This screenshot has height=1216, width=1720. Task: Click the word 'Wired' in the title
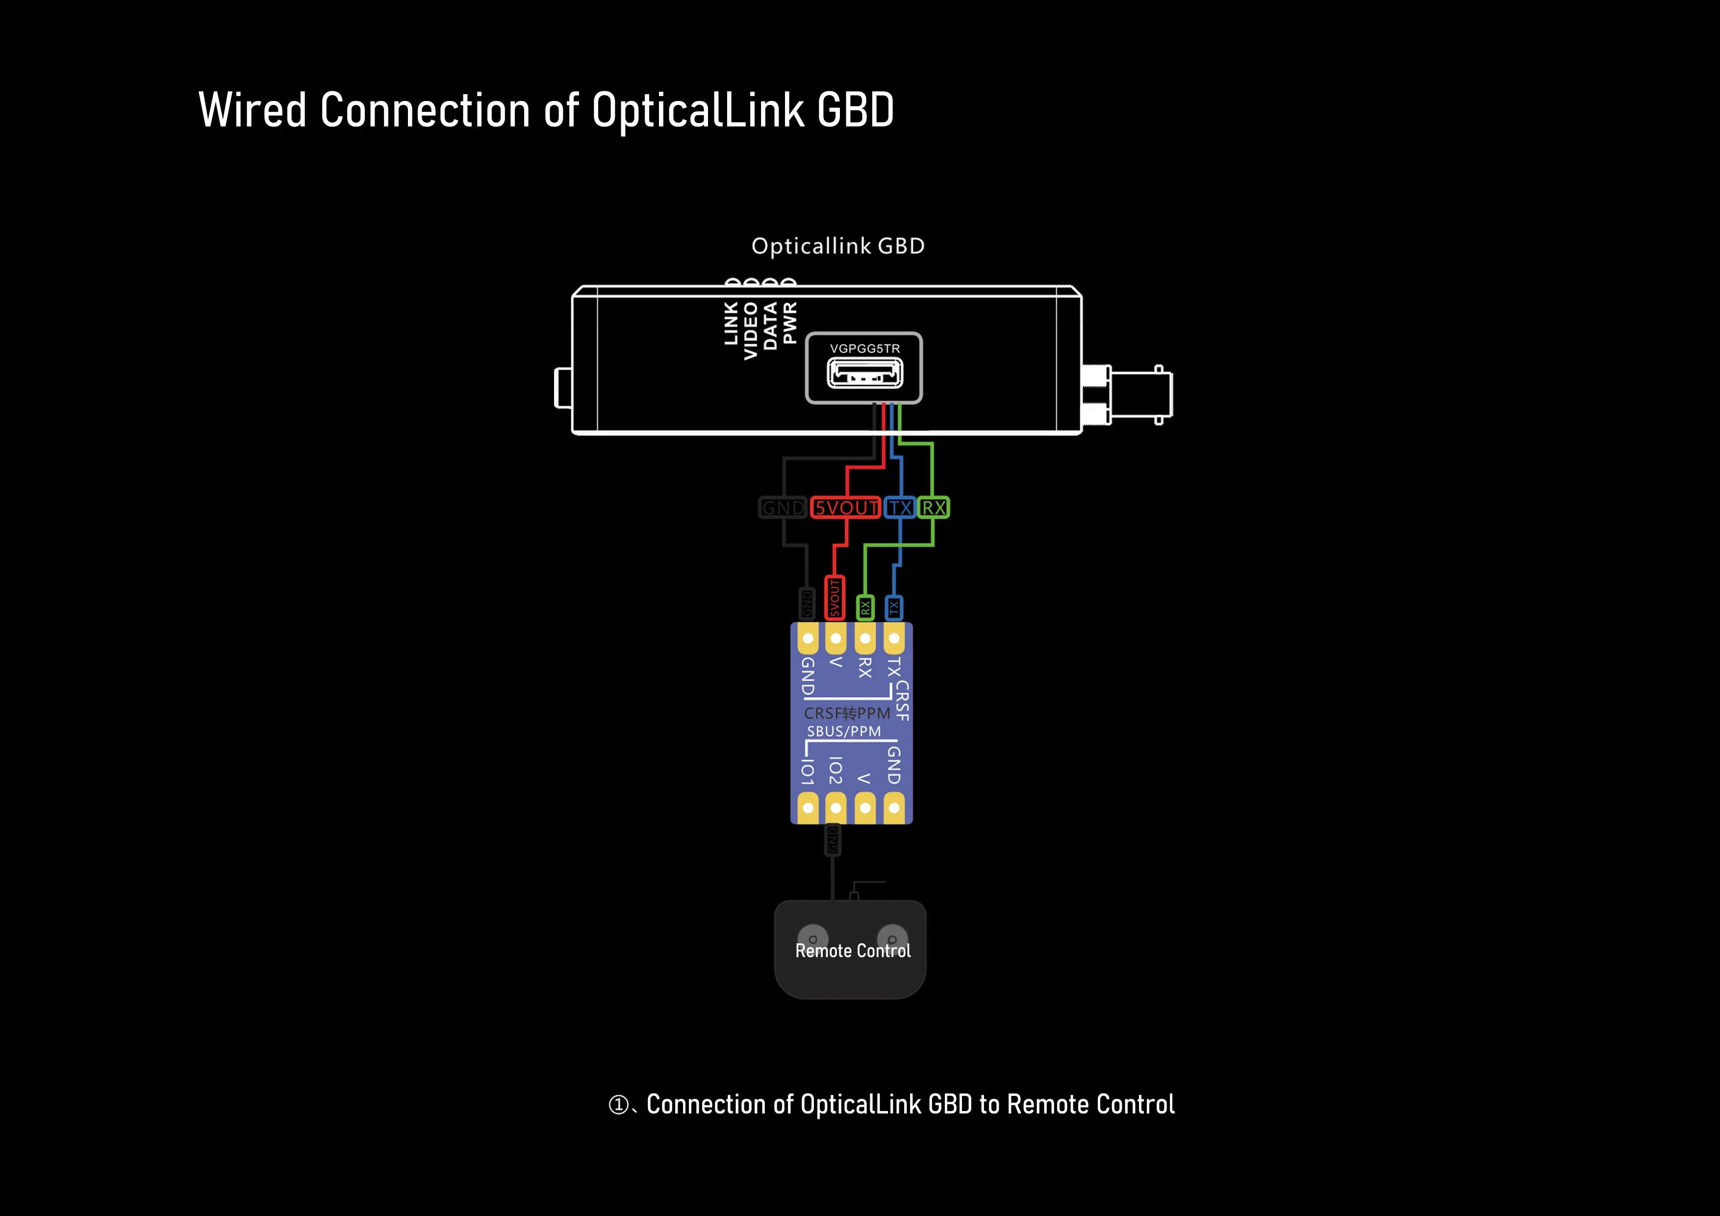click(253, 110)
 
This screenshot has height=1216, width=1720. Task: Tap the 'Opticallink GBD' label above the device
click(837, 246)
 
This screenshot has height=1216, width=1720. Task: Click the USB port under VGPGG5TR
click(864, 372)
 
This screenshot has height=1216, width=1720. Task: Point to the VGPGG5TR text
click(864, 349)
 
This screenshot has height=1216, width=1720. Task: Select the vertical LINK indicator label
click(731, 324)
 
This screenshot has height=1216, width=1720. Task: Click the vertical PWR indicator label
click(789, 324)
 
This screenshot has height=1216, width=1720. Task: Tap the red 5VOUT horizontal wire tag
click(846, 508)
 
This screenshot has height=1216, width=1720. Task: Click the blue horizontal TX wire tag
click(900, 508)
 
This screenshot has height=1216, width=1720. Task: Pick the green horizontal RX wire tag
click(934, 508)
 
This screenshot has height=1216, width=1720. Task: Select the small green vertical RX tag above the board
click(865, 607)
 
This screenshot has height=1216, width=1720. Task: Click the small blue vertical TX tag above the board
click(894, 607)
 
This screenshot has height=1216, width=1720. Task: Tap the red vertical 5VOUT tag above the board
click(835, 597)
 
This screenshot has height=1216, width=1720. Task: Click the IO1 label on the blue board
click(808, 772)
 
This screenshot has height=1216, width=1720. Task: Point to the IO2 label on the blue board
click(836, 770)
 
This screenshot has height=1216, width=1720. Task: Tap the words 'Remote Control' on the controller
click(853, 951)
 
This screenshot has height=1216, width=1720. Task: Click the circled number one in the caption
click(618, 1104)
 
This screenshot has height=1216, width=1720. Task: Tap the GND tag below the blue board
click(832, 840)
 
